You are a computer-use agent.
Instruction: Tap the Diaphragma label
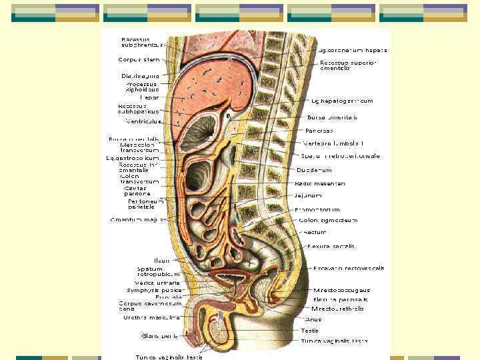[139, 75]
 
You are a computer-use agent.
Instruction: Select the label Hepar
[149, 97]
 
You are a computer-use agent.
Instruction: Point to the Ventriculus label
[141, 122]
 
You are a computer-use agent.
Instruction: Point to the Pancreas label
[319, 130]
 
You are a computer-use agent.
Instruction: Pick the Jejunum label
[308, 195]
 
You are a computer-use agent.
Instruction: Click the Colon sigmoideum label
[328, 220]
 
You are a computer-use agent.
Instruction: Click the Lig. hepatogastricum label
[342, 101]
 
